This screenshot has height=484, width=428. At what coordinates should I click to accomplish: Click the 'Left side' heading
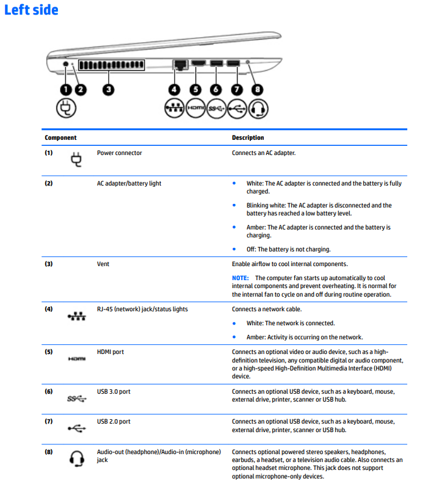tap(31, 10)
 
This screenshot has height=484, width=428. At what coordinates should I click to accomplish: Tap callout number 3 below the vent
tap(108, 90)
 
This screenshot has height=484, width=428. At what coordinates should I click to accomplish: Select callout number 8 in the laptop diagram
tap(258, 90)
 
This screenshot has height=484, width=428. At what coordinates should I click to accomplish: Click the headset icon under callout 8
tap(259, 109)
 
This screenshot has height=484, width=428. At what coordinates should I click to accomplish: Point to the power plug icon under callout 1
tap(65, 109)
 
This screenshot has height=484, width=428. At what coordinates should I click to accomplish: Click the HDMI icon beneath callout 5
tap(195, 109)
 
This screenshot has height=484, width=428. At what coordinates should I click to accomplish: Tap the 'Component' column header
tap(60, 138)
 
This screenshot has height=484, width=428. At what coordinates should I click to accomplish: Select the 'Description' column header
tap(248, 138)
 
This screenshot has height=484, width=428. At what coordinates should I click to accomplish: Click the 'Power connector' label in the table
tap(119, 153)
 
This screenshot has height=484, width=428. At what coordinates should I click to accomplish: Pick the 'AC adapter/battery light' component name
tap(129, 183)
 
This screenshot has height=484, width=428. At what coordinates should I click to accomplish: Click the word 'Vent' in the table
tap(103, 264)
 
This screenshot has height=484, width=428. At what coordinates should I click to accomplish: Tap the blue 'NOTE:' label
tap(240, 278)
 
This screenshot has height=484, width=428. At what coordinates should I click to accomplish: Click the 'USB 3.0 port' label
tap(114, 391)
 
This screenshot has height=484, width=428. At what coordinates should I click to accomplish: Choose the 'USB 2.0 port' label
tap(114, 422)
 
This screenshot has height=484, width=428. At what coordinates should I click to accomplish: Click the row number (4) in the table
tap(49, 309)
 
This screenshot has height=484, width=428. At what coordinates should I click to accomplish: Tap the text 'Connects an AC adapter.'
tap(264, 153)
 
